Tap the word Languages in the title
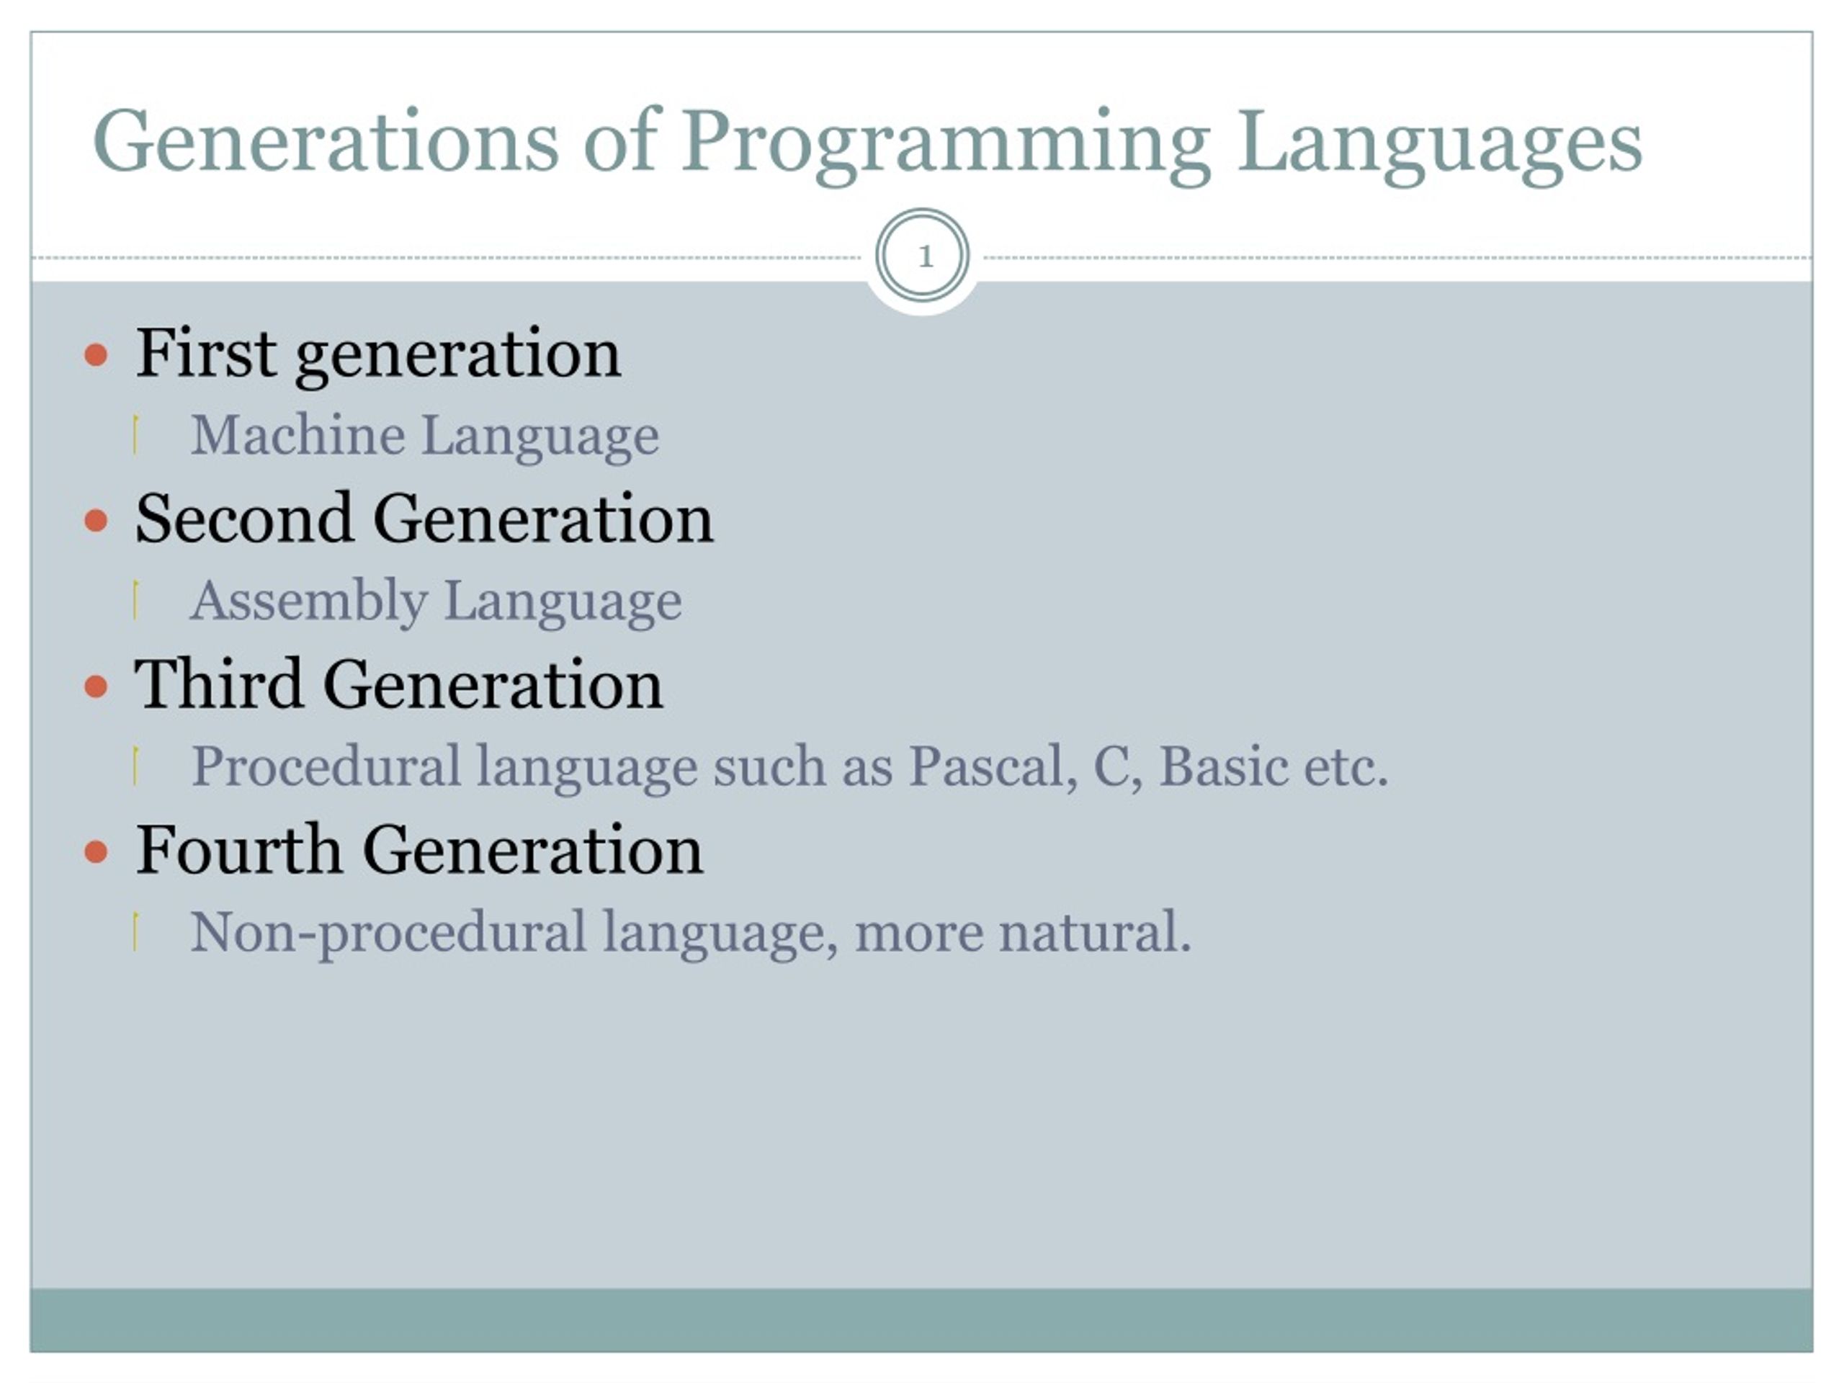[x=1439, y=143]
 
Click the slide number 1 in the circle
[x=923, y=256]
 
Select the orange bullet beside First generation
[x=97, y=355]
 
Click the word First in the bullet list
[x=205, y=354]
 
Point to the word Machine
[x=297, y=435]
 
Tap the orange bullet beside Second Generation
[x=97, y=521]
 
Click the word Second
[x=243, y=519]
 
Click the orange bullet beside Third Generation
[x=97, y=687]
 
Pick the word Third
[x=218, y=684]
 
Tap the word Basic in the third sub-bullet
[x=1224, y=766]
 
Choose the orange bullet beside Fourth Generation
[x=97, y=852]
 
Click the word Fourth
[x=238, y=850]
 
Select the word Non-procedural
[x=388, y=933]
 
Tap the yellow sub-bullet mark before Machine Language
[x=135, y=435]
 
